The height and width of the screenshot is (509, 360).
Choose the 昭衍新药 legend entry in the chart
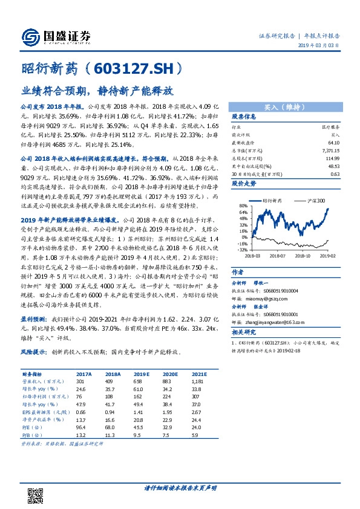[269, 199]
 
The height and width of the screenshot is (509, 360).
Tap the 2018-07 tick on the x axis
[277, 255]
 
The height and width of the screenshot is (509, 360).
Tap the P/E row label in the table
[30, 426]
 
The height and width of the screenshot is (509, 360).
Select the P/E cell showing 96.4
[81, 426]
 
